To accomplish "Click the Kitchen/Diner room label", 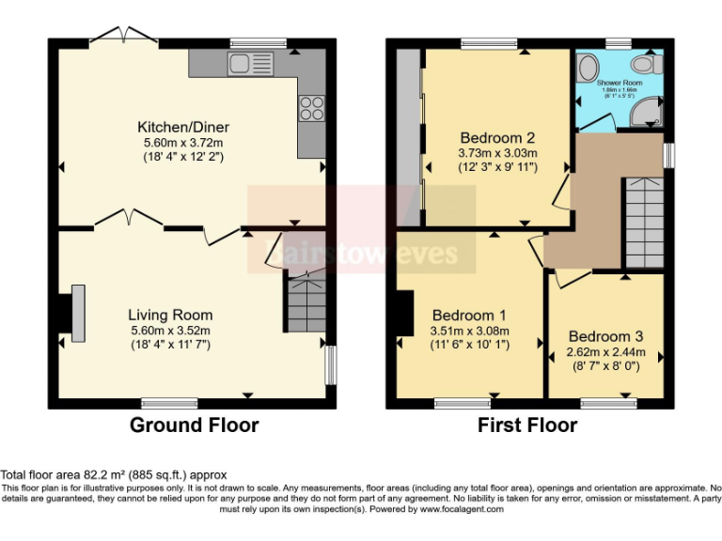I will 183,127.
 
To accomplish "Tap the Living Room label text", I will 170,315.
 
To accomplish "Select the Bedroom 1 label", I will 469,315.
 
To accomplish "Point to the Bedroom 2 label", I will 497,137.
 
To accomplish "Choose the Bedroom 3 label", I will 605,336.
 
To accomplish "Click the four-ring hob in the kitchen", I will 311,107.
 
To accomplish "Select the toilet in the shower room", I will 645,64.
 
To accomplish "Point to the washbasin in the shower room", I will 588,69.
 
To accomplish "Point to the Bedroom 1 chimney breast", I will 405,313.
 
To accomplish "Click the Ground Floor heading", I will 194,425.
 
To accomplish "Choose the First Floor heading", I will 527,425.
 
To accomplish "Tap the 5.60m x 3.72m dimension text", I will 183,142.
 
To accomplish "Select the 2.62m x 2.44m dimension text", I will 605,352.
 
